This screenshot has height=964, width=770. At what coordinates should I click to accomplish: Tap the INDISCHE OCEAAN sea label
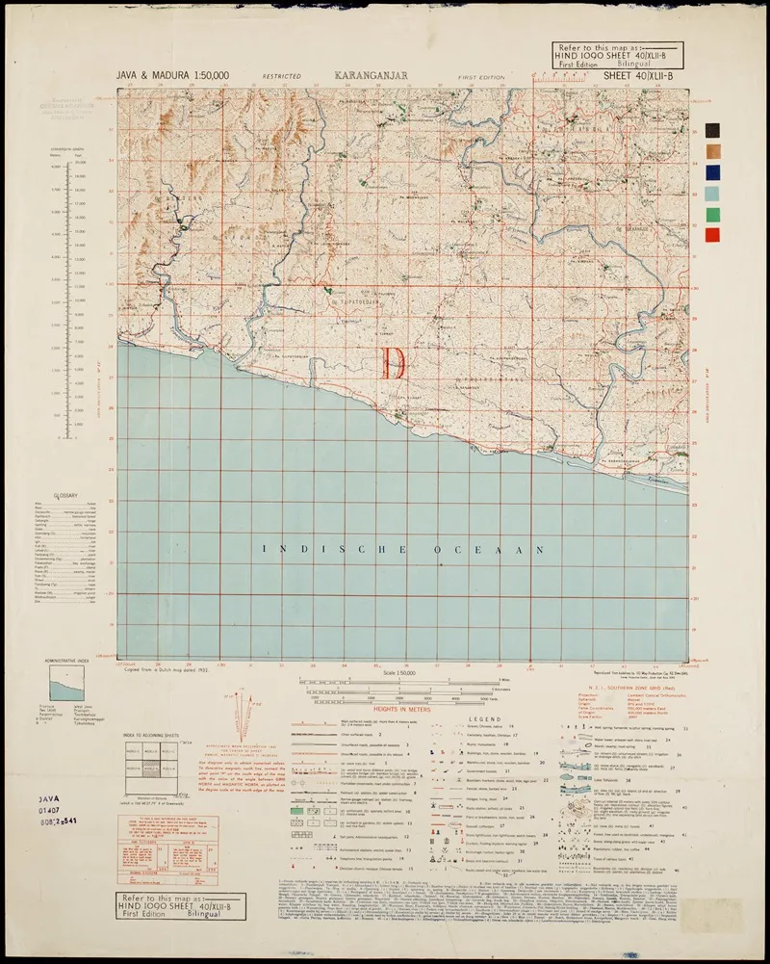405,549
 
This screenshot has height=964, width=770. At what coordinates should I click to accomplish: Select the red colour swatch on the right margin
711,235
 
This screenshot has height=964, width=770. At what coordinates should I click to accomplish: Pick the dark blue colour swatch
711,172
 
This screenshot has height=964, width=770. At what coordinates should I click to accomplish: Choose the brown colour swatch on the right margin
711,151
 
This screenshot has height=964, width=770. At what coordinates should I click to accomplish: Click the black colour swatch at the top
711,130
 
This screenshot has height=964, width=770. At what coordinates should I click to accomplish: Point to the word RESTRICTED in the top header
280,75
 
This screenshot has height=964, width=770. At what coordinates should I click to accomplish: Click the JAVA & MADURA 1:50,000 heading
172,74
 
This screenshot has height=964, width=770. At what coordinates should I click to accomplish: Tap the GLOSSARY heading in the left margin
66,494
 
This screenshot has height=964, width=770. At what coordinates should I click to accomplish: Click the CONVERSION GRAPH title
67,149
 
